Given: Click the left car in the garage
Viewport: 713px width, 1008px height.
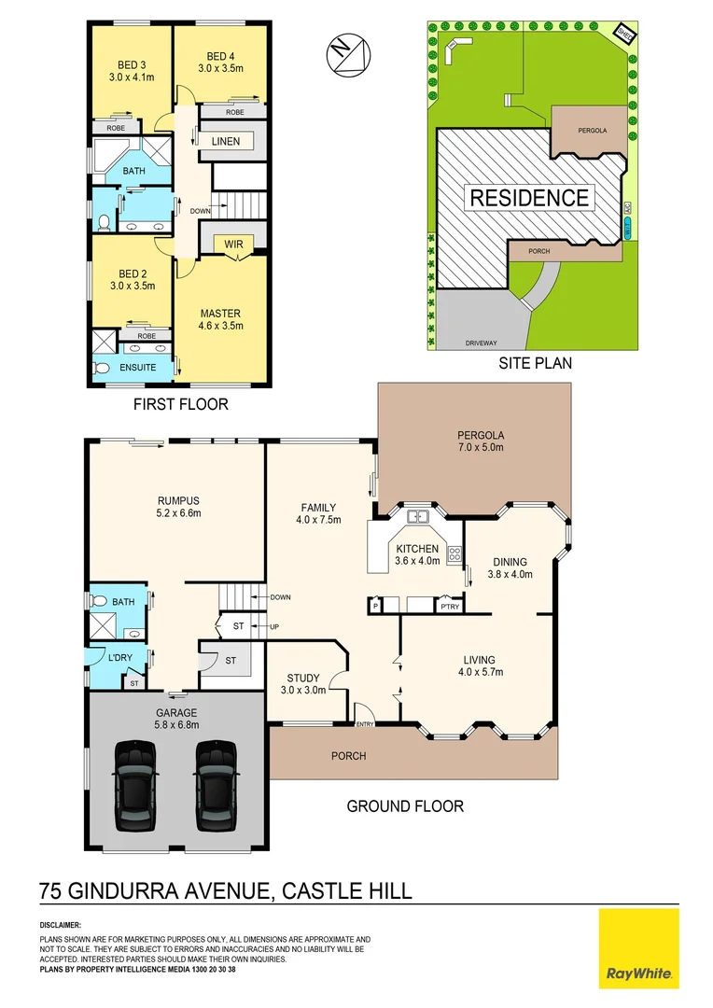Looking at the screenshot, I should [x=133, y=784].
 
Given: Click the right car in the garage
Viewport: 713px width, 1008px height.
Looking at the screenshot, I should [x=213, y=784].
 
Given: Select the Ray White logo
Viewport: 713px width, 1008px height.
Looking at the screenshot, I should [x=638, y=948].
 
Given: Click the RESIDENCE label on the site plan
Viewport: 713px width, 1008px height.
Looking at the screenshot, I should [x=528, y=198].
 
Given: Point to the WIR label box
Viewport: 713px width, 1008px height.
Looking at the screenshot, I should [x=233, y=245].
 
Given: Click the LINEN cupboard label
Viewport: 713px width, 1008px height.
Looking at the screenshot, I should [x=226, y=142].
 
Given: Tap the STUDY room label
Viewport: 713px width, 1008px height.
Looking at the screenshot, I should [x=304, y=679].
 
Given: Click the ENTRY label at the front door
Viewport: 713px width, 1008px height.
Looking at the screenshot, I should [x=364, y=723].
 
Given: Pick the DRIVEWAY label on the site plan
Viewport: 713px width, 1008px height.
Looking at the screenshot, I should [x=482, y=343].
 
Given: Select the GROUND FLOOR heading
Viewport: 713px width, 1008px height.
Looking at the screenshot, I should [x=405, y=805].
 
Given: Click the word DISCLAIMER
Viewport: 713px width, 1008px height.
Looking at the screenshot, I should [x=60, y=924].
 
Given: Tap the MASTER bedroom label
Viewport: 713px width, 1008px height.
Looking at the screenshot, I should [x=221, y=314].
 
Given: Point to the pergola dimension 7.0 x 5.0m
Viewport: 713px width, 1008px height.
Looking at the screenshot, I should [x=480, y=448].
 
